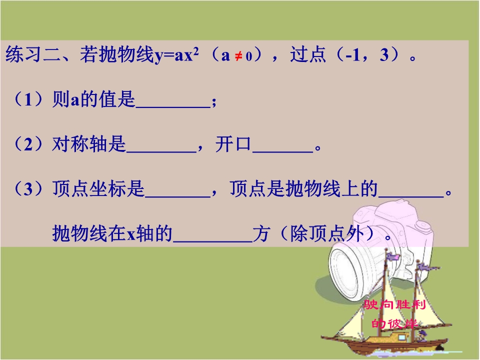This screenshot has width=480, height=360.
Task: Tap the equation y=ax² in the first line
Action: click(176, 55)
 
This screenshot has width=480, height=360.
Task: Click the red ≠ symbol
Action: click(238, 56)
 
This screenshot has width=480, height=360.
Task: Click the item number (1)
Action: click(29, 99)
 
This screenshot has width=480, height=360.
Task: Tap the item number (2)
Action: click(29, 144)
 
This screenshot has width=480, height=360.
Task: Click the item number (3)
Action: click(29, 188)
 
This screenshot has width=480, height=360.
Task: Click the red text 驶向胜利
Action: click(395, 304)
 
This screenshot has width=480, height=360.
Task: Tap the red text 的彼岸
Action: click(395, 323)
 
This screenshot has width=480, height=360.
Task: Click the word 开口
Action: click(233, 144)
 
